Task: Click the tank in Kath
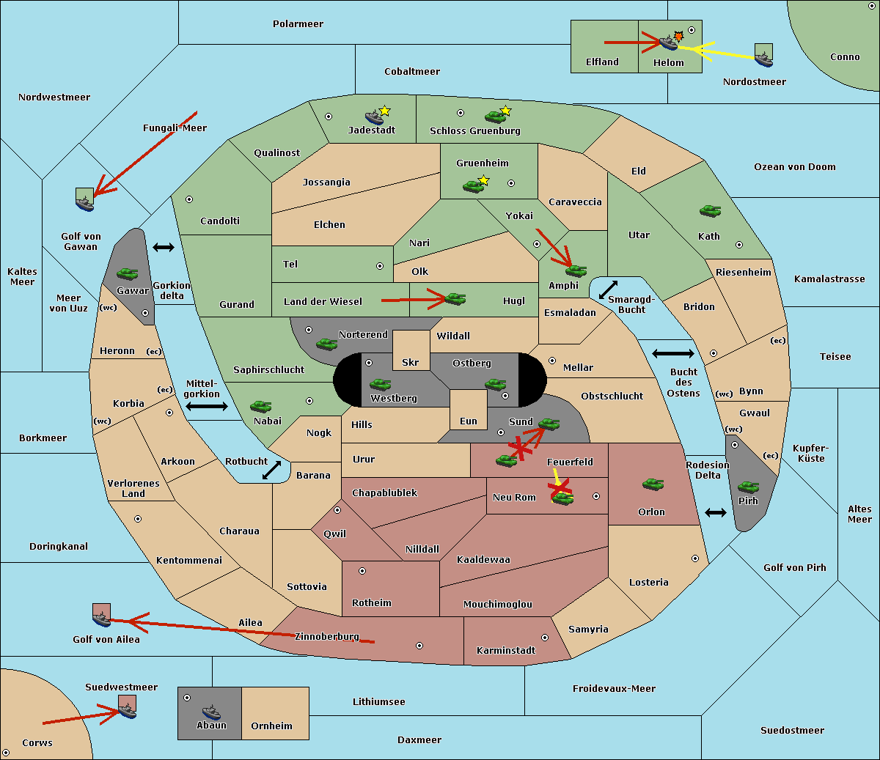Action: [x=710, y=211]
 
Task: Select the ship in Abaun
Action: [x=211, y=712]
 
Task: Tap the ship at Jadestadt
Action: [x=374, y=117]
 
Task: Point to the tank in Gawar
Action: [x=128, y=273]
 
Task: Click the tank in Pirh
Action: [x=748, y=487]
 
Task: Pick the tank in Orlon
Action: [x=653, y=484]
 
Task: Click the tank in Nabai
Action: [x=260, y=406]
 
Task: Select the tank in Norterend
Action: [x=326, y=344]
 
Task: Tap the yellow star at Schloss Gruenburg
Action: [x=506, y=111]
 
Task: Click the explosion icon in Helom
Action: [x=678, y=36]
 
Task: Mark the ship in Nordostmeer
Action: [x=764, y=59]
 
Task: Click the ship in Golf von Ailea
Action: [x=102, y=619]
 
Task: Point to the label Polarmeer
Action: [x=298, y=24]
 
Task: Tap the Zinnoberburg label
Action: [x=327, y=637]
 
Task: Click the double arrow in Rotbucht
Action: [x=271, y=470]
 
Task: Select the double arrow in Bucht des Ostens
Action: [x=673, y=353]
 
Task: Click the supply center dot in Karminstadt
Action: [x=545, y=638]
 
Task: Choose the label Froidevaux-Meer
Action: [x=614, y=688]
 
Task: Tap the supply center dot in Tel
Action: [x=380, y=266]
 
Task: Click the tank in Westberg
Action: [x=380, y=384]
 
